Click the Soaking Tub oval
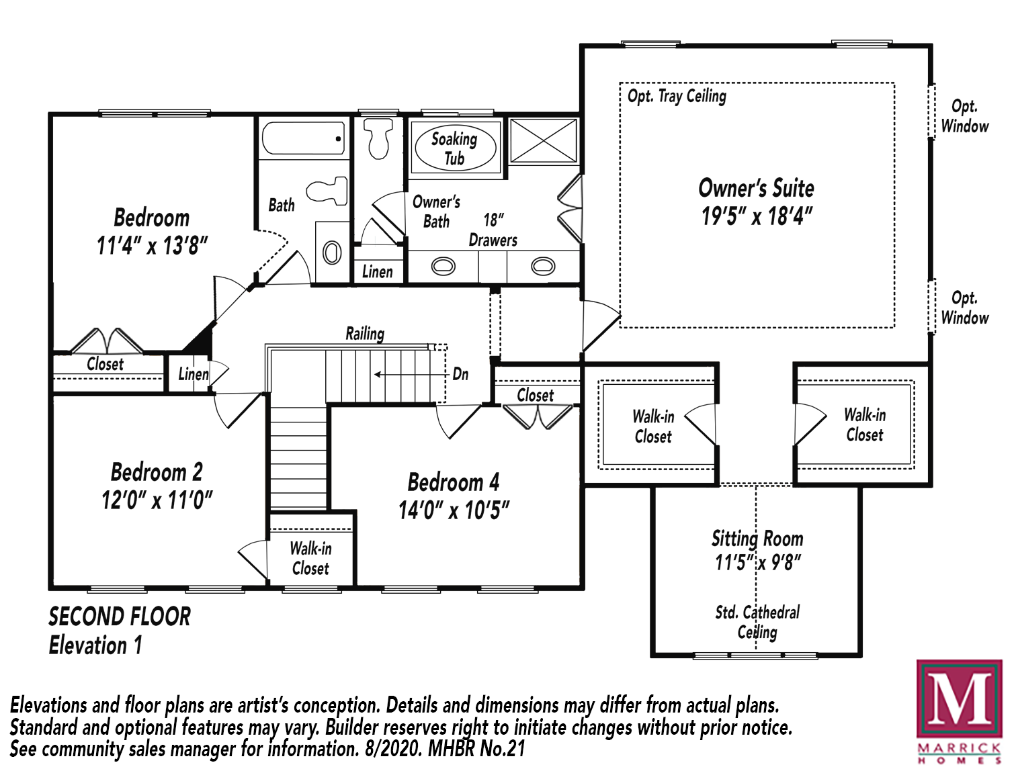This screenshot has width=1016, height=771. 456,148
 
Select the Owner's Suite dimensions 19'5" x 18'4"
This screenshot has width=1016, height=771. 757,216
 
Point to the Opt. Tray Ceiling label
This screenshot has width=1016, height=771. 677,96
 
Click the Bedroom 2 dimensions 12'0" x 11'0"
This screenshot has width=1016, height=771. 157,500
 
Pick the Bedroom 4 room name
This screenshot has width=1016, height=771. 453,482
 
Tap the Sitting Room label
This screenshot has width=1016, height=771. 757,539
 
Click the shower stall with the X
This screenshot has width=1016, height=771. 544,140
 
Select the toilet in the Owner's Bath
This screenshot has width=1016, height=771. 378,138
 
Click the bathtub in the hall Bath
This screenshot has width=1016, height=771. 304,138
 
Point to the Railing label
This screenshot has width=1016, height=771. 365,334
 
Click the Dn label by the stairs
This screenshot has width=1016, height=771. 460,373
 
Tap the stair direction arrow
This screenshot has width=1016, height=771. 411,374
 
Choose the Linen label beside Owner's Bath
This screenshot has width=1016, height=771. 377,271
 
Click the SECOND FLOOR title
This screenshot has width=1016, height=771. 120,617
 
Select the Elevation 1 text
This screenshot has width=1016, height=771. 95,645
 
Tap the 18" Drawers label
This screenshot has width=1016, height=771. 493,230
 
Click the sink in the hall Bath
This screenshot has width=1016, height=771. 332,253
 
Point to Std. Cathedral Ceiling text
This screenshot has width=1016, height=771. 757,623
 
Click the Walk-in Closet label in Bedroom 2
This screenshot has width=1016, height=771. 310,559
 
